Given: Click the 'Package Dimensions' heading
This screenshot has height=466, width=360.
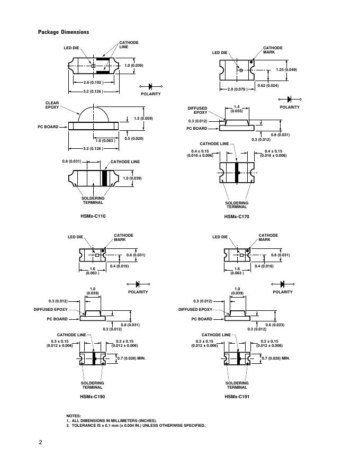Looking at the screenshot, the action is click(x=64, y=32).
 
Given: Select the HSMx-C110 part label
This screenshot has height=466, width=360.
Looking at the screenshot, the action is click(x=93, y=216).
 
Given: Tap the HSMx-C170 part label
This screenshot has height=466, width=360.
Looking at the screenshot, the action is click(x=237, y=217).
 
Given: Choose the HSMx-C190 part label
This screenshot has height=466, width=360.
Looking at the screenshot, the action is click(x=92, y=397).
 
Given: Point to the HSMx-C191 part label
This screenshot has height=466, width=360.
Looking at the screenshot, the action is click(x=237, y=397).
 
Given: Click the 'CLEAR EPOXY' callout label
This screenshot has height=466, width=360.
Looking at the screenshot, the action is click(x=52, y=105).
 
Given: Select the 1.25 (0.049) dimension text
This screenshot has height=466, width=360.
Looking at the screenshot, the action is click(x=286, y=69).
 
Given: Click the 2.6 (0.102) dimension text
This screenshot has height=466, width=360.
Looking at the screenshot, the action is click(x=93, y=82).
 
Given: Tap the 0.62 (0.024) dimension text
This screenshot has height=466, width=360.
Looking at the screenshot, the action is click(x=268, y=86).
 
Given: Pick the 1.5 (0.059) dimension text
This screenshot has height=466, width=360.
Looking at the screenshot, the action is click(x=143, y=118).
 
